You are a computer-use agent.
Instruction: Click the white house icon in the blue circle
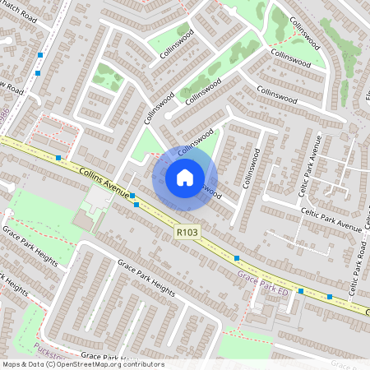[x=185, y=178]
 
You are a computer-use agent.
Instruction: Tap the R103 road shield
[x=187, y=234]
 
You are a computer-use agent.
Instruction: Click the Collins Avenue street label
[x=106, y=182]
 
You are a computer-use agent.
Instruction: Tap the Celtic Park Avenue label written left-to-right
[x=331, y=219]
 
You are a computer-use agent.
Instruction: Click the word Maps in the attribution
[x=11, y=364]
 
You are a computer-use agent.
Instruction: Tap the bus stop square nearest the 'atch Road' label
[x=40, y=55]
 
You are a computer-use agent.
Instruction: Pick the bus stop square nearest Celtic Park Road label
[x=329, y=296]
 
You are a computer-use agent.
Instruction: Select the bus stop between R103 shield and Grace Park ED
[x=237, y=258]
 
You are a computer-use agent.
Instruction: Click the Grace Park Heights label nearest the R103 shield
[x=146, y=278]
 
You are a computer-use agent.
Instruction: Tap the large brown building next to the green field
[x=84, y=220]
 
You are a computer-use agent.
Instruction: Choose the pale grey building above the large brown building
[x=97, y=198]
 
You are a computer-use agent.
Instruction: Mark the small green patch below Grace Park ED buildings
[x=247, y=346]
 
